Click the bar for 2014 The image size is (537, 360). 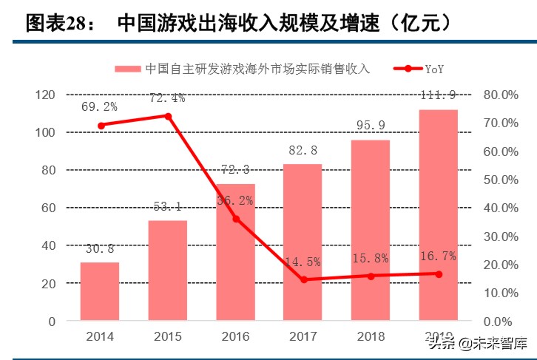(x=100, y=292)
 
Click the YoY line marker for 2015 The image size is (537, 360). (x=168, y=116)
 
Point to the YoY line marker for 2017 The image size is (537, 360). (x=303, y=279)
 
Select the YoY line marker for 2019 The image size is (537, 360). (x=439, y=274)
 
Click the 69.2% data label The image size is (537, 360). (x=99, y=107)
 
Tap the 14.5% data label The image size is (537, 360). (x=303, y=262)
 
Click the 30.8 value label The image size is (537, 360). (x=99, y=250)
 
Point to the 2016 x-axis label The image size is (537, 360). (x=235, y=337)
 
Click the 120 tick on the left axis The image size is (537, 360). (x=45, y=95)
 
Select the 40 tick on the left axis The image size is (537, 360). (x=48, y=245)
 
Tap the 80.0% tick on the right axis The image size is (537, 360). (x=502, y=95)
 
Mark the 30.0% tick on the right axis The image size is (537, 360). (x=502, y=237)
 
